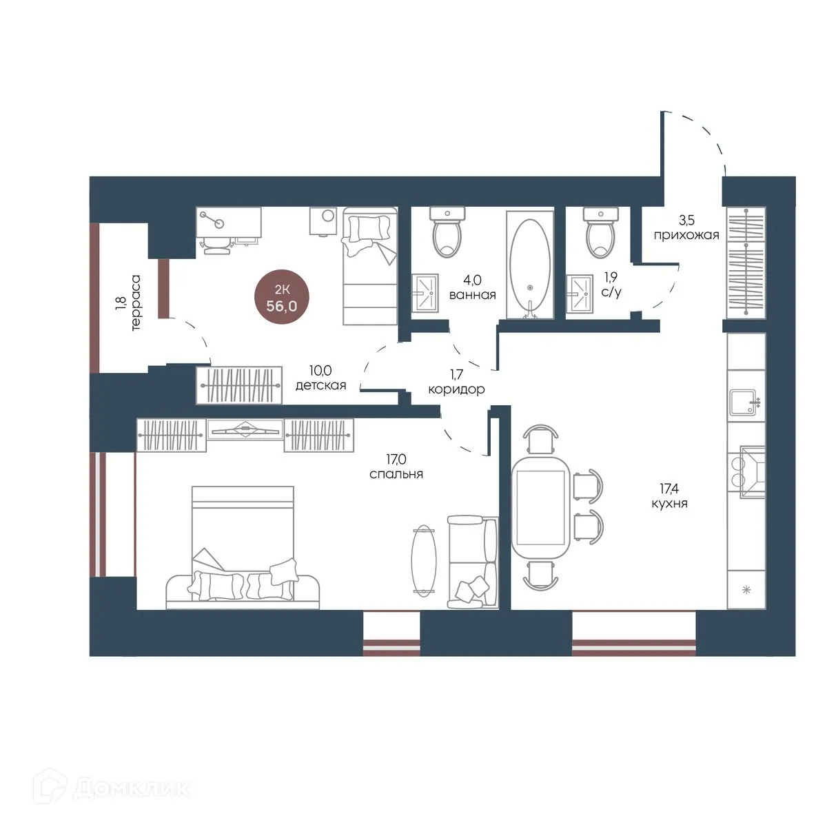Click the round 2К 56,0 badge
click(282, 297)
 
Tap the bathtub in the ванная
click(530, 265)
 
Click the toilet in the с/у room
click(601, 233)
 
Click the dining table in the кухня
click(541, 508)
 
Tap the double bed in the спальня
click(243, 548)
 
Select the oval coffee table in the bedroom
click(424, 560)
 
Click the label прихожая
click(686, 235)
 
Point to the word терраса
click(136, 303)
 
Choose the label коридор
click(457, 389)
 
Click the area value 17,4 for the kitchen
click(669, 488)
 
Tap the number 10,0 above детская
click(320, 370)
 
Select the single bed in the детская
click(370, 265)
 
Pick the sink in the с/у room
click(580, 293)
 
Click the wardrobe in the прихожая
click(746, 263)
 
